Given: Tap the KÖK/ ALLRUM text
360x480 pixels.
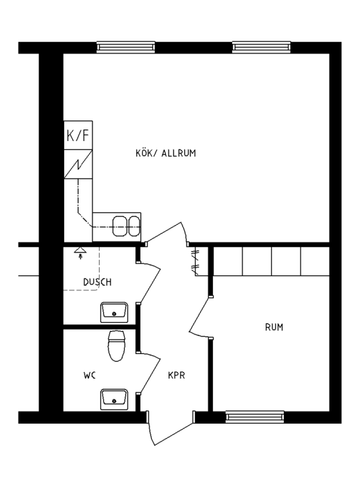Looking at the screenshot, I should [x=164, y=153].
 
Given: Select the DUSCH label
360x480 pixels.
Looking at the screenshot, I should [x=97, y=282].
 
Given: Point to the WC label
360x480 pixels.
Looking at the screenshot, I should [x=89, y=376].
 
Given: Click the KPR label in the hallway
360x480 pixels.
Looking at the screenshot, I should [x=177, y=376].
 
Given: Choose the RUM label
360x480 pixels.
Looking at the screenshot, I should [x=274, y=327].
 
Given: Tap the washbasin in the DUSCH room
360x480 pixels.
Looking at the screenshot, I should [x=113, y=310].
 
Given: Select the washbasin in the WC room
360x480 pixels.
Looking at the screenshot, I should [x=114, y=400].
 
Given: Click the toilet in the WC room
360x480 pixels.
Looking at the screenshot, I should [x=117, y=345].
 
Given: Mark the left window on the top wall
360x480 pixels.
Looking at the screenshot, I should [x=126, y=46].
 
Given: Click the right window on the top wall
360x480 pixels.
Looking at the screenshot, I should [x=261, y=46].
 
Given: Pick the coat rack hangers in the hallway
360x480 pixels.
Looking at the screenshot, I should [x=195, y=262].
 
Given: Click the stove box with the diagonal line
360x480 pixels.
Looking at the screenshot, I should [x=77, y=162].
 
